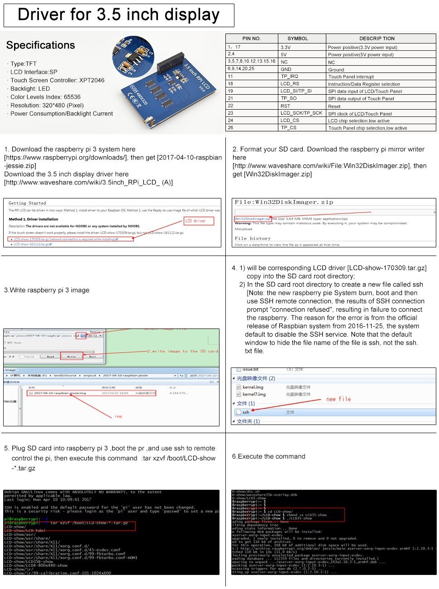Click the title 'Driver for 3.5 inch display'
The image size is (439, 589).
[119, 15]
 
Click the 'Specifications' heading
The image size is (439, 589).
[41, 45]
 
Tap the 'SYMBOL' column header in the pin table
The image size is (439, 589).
[297, 39]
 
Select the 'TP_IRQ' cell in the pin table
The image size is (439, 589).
[289, 77]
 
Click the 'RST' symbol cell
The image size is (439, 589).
[285, 106]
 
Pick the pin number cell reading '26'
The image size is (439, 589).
[231, 128]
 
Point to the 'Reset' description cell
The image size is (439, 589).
[334, 106]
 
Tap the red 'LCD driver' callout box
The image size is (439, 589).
[199, 221]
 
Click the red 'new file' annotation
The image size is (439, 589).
[339, 399]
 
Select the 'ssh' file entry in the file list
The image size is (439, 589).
[246, 412]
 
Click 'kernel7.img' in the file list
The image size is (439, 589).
[254, 394]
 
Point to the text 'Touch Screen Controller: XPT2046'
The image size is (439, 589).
[57, 80]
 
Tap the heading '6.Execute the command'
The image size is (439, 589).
[269, 456]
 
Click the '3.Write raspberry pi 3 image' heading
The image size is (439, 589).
[47, 290]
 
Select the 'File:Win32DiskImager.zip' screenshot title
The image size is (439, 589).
[284, 202]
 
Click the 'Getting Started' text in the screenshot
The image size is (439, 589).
[27, 203]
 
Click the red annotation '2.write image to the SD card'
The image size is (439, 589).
[182, 351]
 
